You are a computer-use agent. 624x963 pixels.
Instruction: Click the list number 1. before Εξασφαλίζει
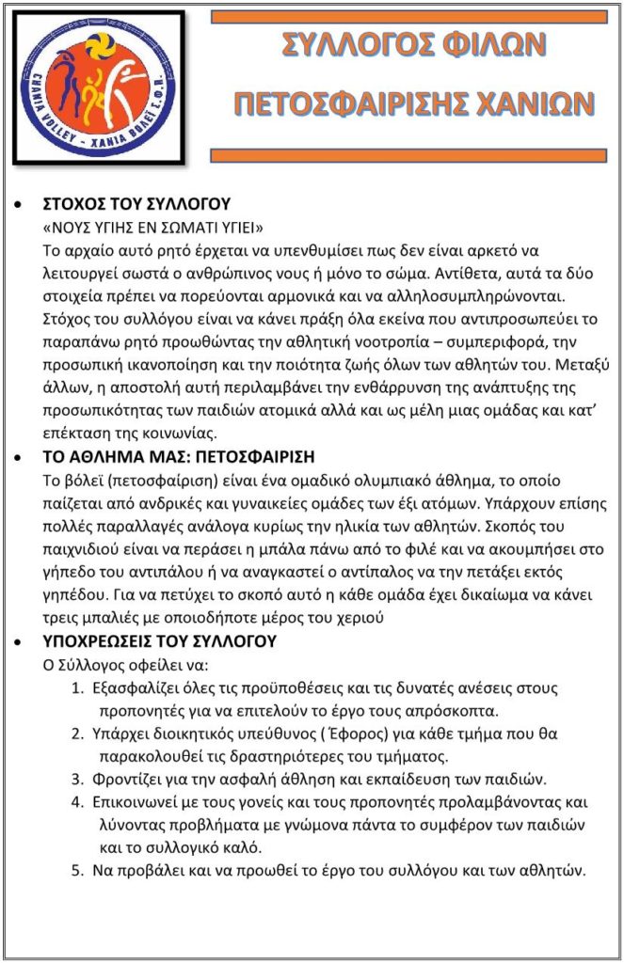[78, 687]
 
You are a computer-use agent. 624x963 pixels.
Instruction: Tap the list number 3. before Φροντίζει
[78, 779]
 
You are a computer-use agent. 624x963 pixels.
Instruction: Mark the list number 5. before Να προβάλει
[78, 870]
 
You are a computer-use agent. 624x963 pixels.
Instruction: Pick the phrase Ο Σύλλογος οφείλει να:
[125, 665]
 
